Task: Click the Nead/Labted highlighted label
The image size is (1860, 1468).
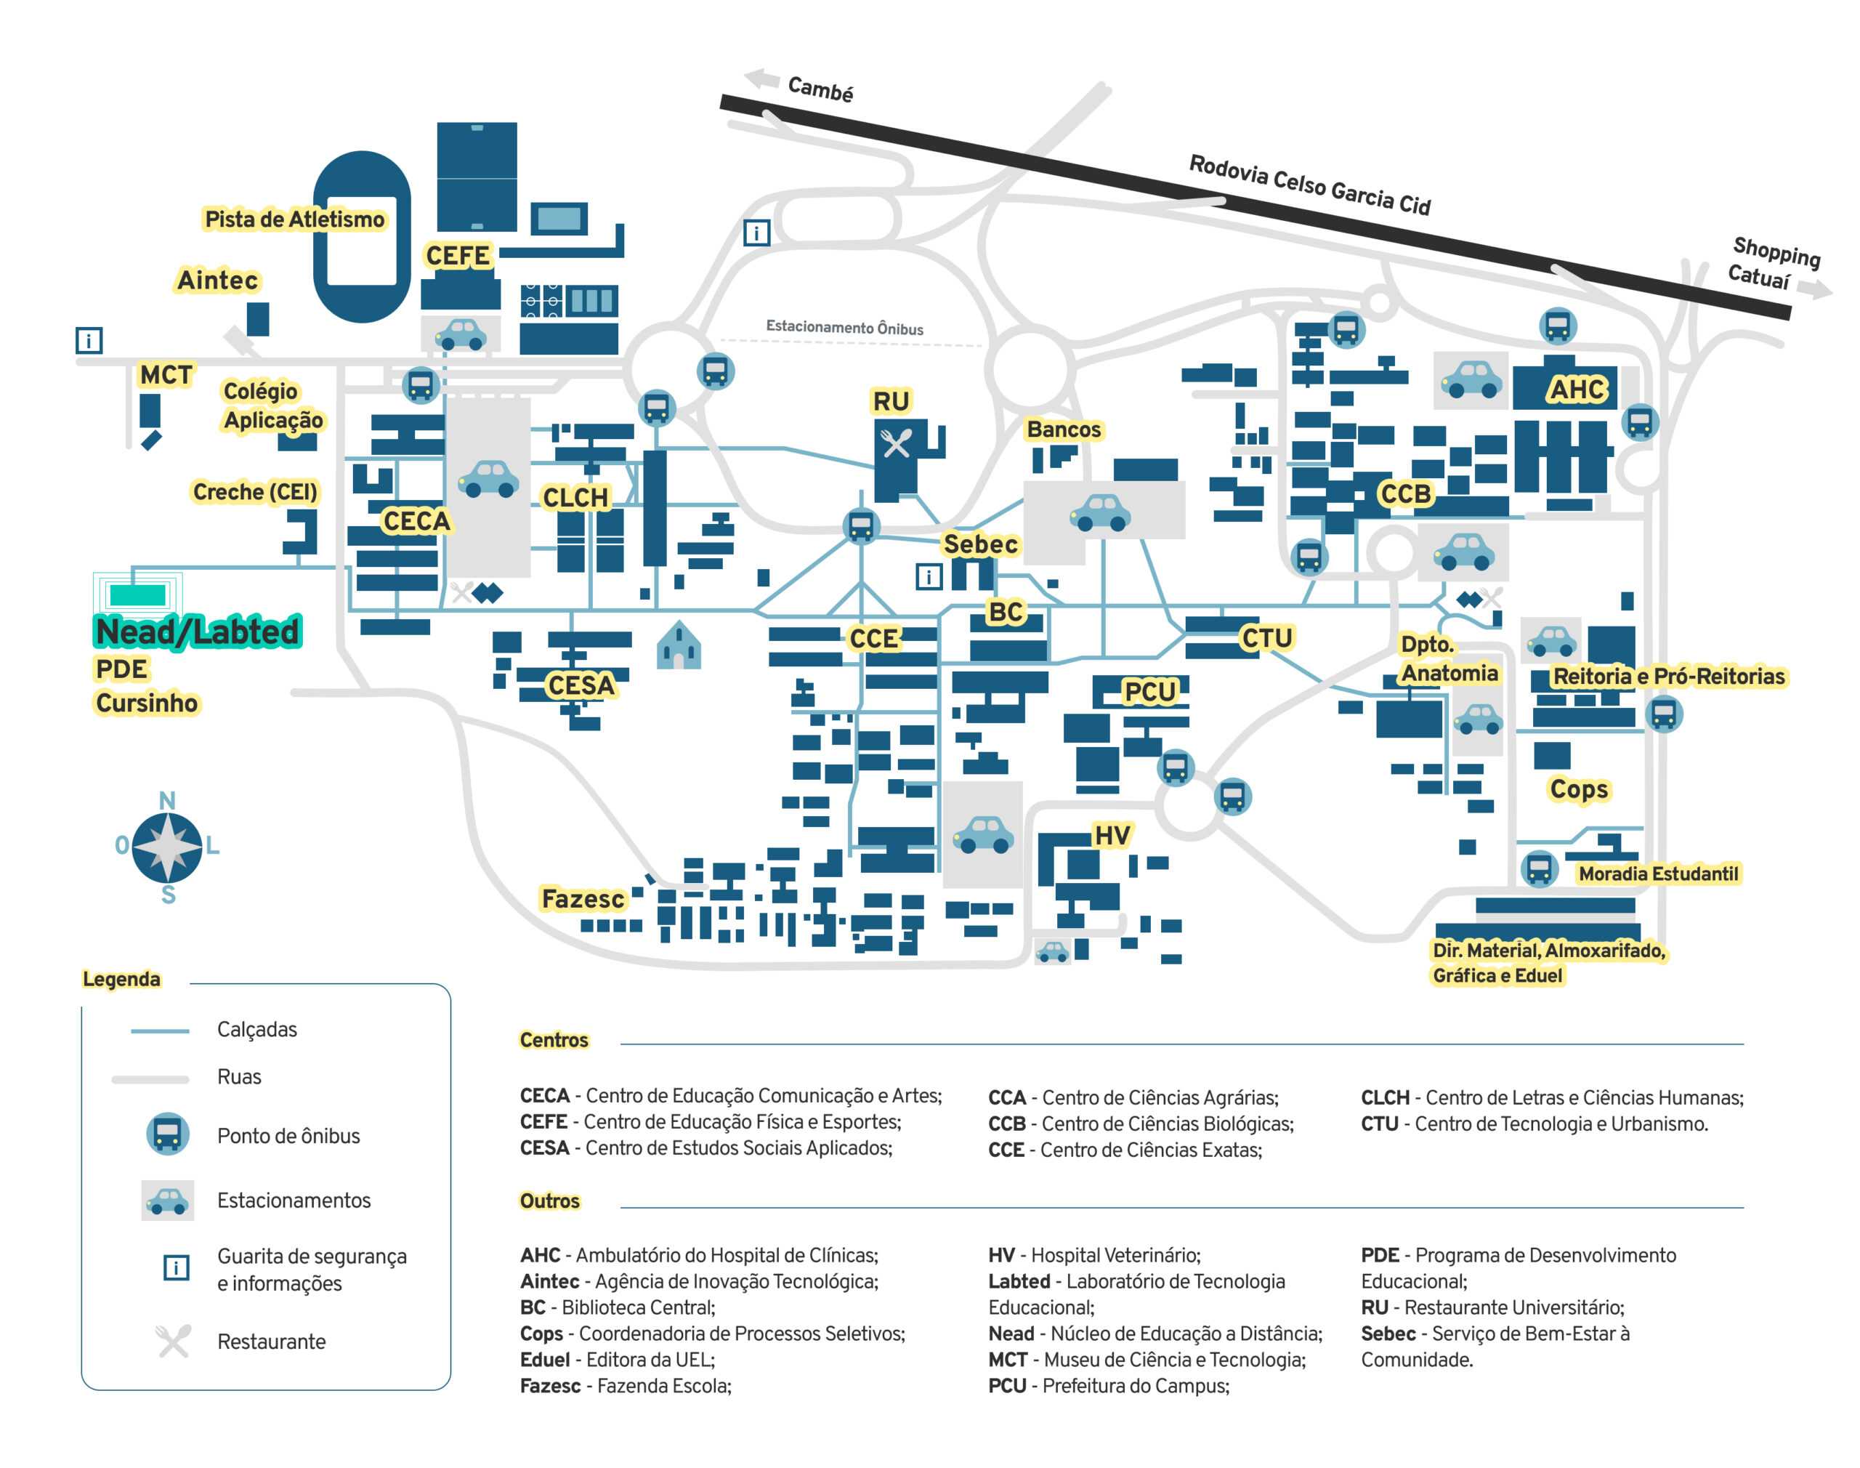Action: tap(197, 632)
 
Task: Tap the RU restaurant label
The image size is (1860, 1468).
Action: tap(890, 401)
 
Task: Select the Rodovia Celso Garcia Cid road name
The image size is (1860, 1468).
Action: tap(1309, 185)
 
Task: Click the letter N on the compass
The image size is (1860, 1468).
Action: tap(168, 800)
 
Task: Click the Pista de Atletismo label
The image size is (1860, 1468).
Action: tap(294, 219)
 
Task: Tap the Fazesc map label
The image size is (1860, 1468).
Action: tap(583, 899)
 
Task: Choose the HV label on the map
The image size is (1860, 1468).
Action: tap(1112, 836)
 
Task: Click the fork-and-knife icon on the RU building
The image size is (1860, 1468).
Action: tap(896, 443)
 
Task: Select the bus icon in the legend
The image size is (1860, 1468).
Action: tap(168, 1134)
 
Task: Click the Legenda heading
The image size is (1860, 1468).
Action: tap(121, 979)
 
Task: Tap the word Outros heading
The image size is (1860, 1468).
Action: tap(549, 1201)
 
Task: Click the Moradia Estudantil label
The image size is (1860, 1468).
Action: tap(1657, 874)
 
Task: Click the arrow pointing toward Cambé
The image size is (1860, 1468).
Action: tap(761, 79)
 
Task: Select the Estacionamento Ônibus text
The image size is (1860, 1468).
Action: tap(844, 328)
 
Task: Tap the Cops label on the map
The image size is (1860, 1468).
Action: tap(1578, 789)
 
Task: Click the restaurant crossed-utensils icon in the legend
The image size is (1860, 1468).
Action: tap(173, 1341)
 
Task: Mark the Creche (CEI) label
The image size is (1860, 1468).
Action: tap(254, 491)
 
